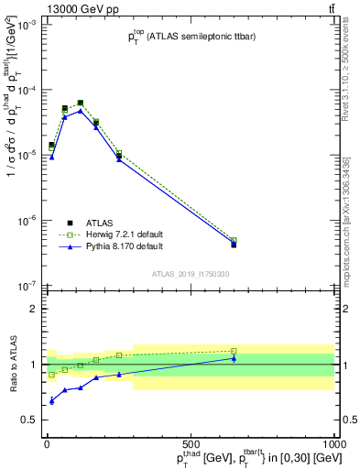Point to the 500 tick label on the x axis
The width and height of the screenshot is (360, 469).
click(x=191, y=442)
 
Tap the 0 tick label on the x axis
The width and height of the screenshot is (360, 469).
click(x=46, y=442)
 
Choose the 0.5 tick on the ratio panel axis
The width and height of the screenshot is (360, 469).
click(x=31, y=420)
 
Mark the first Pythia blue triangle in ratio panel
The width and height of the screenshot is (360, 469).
click(x=51, y=401)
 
